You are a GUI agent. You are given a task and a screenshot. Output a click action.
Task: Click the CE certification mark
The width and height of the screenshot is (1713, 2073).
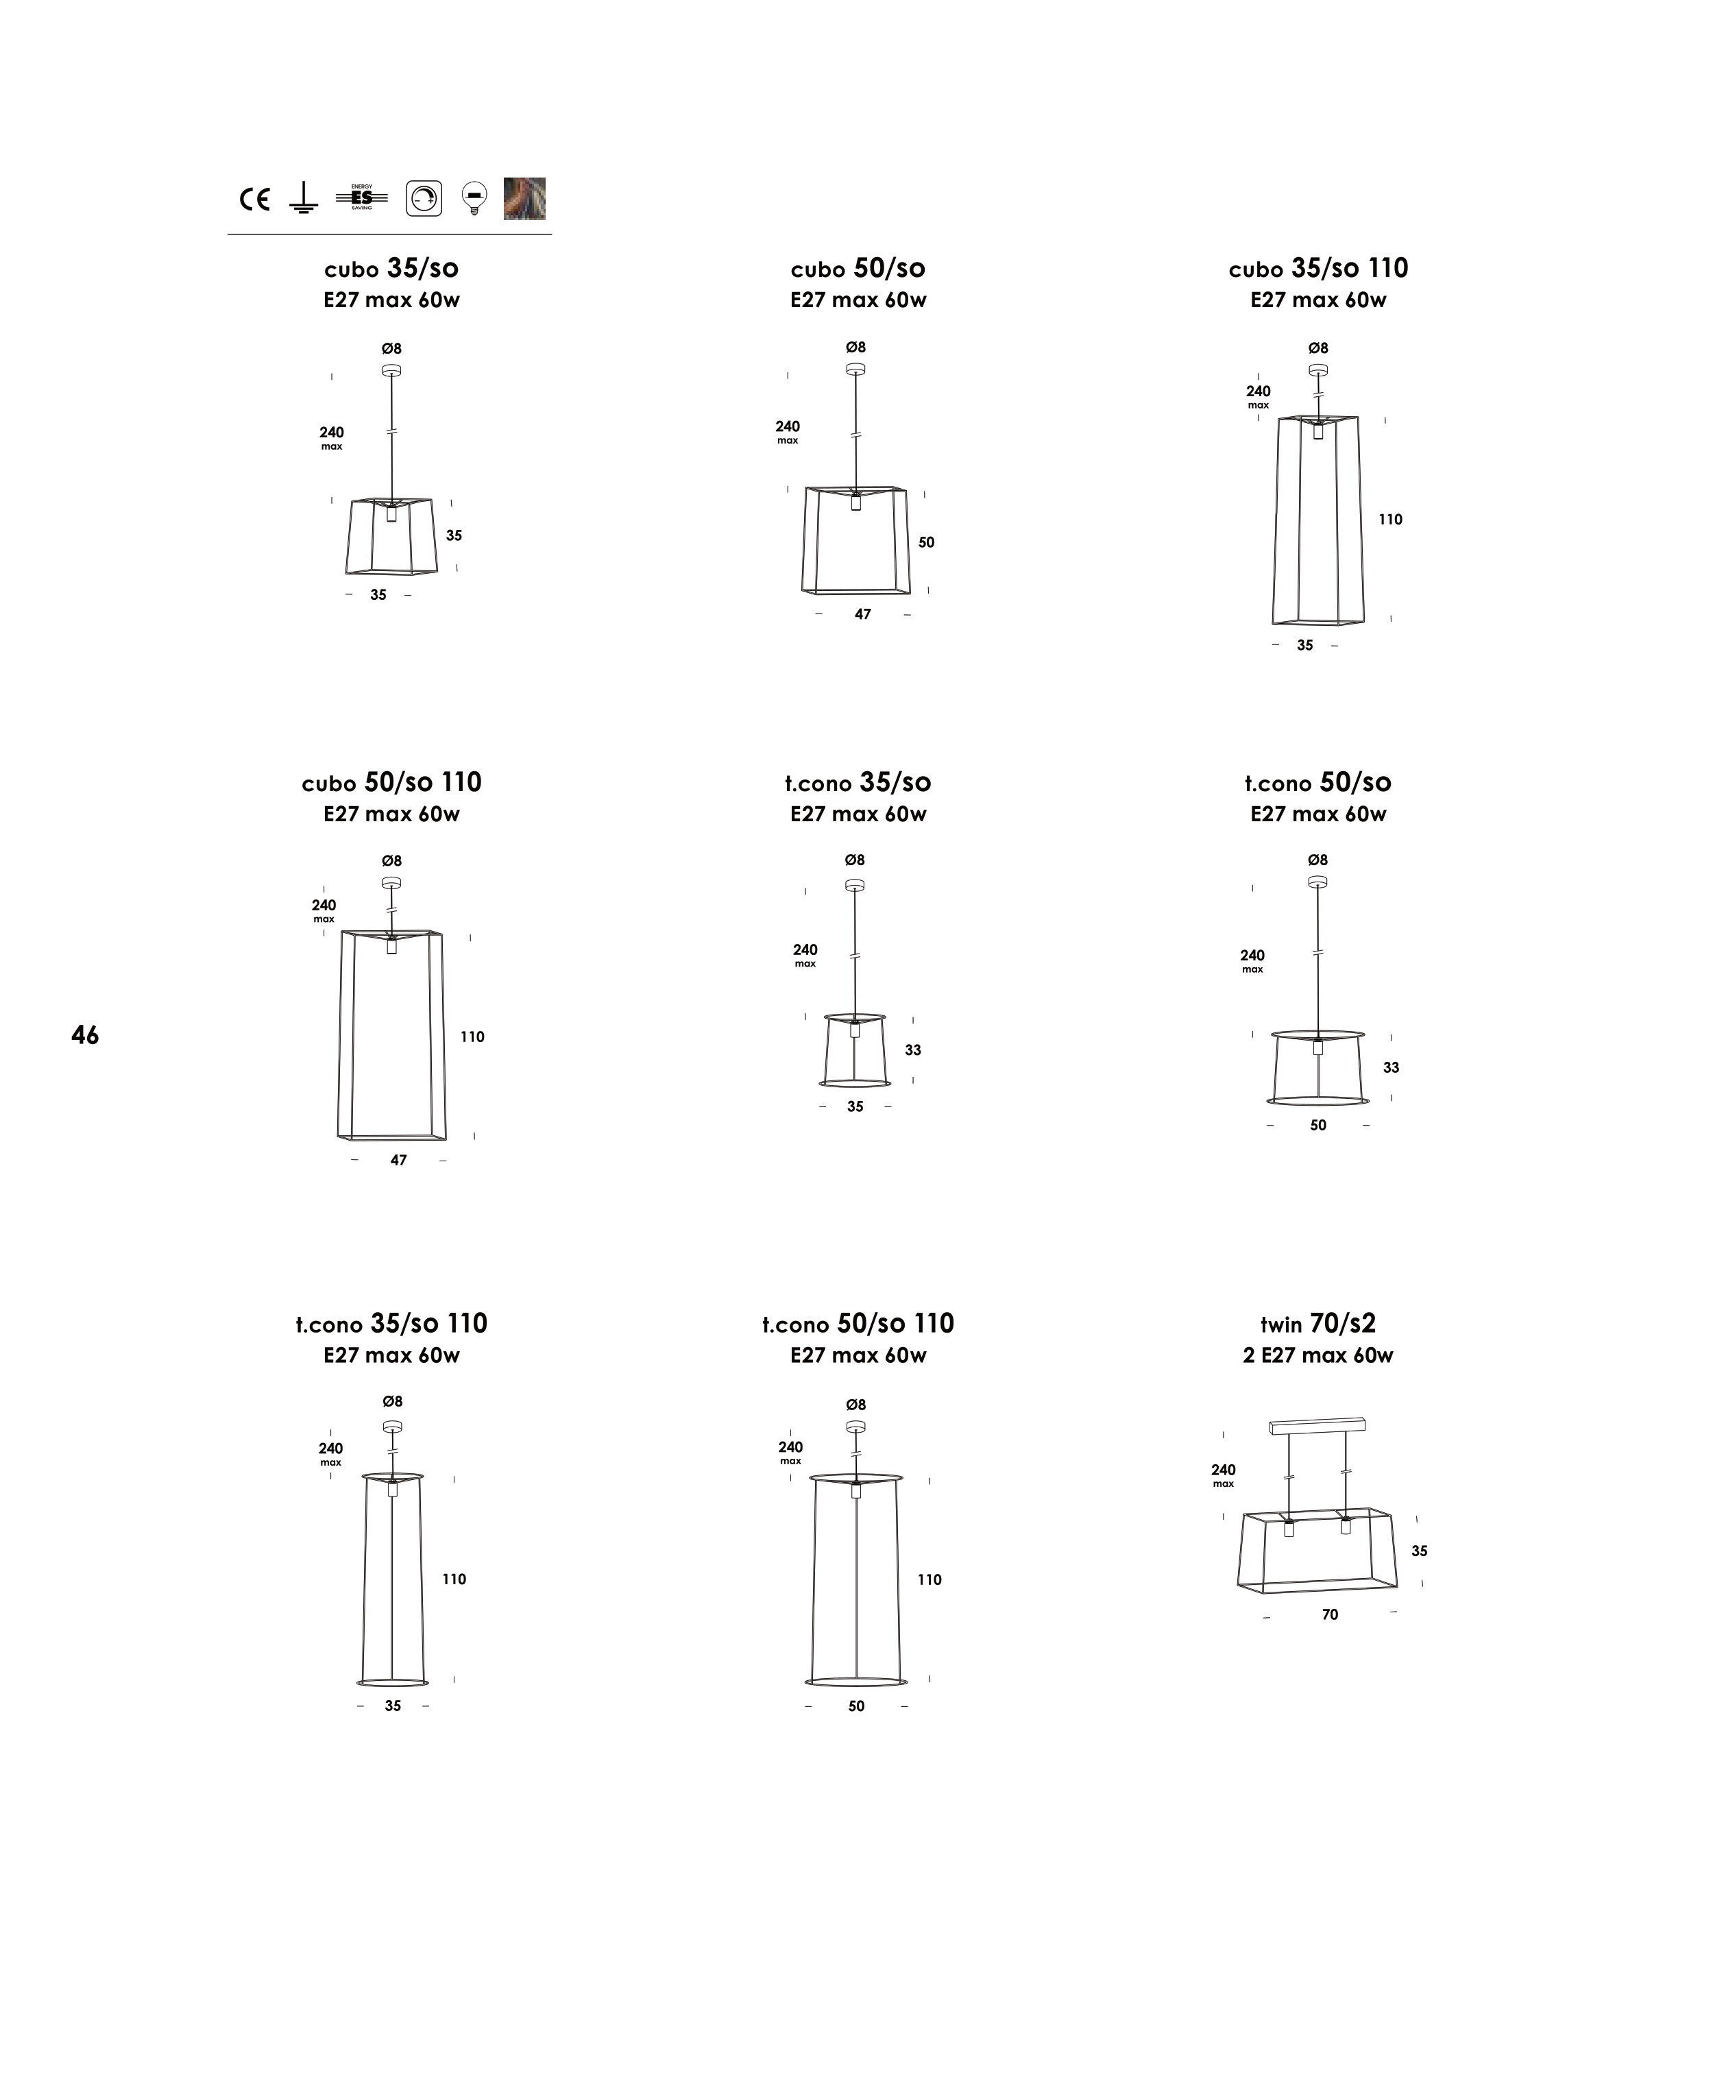click(254, 199)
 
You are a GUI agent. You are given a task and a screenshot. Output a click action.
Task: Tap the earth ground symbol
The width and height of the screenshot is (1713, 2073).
click(303, 197)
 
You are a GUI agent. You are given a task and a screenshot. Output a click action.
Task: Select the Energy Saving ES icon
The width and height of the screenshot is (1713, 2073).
click(361, 197)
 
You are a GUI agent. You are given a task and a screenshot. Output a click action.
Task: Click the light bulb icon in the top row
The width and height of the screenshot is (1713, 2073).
click(474, 198)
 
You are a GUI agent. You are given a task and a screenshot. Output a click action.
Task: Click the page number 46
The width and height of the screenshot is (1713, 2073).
click(85, 1035)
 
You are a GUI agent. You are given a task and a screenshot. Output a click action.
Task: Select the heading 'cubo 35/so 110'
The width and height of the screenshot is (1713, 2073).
click(1318, 268)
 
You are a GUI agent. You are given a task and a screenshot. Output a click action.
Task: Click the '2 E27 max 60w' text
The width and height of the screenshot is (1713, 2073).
click(1318, 1356)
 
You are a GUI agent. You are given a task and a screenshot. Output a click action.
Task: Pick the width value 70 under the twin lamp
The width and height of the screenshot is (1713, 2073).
click(1330, 1614)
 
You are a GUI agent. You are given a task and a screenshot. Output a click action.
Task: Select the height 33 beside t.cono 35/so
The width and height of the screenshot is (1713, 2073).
click(913, 1050)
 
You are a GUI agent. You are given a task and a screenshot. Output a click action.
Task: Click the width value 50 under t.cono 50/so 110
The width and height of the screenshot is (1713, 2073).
click(857, 1706)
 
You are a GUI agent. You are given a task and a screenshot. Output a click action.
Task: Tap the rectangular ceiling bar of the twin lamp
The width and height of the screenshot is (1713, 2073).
click(1317, 1426)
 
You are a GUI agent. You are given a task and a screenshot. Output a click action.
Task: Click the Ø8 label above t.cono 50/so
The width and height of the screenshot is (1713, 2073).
click(1317, 860)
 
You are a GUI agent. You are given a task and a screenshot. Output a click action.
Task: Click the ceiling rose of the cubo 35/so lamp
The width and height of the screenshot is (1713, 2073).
click(391, 371)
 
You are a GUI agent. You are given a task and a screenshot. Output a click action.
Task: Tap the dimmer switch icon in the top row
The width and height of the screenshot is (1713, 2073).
click(424, 198)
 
